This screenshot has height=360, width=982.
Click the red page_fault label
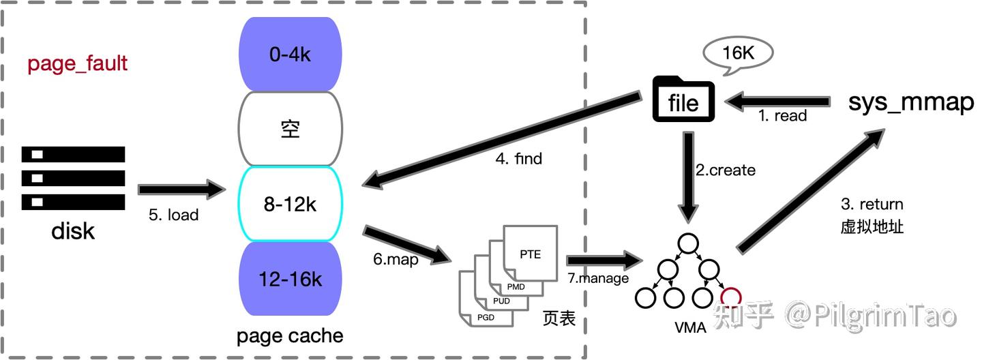[x=77, y=64]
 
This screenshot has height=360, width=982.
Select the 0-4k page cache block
[x=290, y=55]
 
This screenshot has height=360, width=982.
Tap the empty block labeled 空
[x=290, y=129]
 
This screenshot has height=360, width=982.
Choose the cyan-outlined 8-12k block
[x=290, y=204]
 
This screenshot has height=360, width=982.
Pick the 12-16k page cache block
[x=290, y=279]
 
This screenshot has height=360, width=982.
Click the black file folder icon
[x=683, y=100]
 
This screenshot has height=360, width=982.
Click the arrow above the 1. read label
[x=777, y=102]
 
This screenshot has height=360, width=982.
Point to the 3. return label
[x=872, y=205]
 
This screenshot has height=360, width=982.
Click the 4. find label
[x=518, y=159]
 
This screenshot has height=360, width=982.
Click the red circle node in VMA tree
[x=730, y=297]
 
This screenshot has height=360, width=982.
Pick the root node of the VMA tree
[x=687, y=243]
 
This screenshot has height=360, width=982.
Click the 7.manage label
[x=598, y=277]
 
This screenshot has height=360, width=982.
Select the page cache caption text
[x=290, y=336]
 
